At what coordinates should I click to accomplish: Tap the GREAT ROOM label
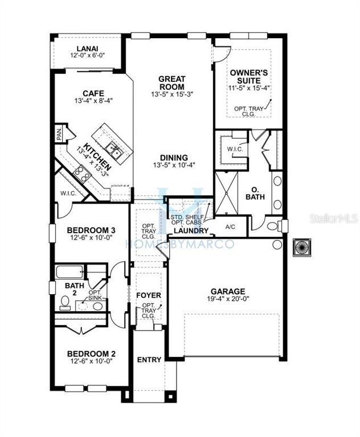pyautogui.click(x=170, y=83)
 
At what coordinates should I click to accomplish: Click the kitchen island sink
pyautogui.click(x=116, y=151)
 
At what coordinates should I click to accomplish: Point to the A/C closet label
pyautogui.click(x=231, y=226)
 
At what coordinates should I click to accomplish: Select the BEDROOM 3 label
pyautogui.click(x=91, y=230)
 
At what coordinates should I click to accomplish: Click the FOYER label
pyautogui.click(x=149, y=296)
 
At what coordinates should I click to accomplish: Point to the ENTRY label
pyautogui.click(x=149, y=360)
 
